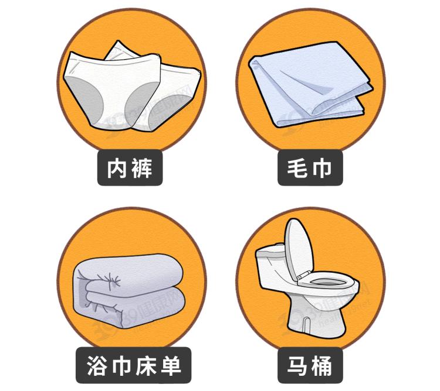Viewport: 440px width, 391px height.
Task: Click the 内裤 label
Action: coord(130,167)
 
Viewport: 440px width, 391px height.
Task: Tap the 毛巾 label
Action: coord(310,167)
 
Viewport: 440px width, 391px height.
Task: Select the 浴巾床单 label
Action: coord(133,365)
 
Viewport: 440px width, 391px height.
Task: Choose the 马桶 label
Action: coord(310,365)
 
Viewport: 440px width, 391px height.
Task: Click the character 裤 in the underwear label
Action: coord(143,168)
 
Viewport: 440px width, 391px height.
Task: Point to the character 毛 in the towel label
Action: coord(297,168)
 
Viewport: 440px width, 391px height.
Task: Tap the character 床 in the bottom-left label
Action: coord(145,366)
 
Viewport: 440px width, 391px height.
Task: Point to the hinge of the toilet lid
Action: coord(303,275)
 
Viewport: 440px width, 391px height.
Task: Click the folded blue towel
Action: coord(311,84)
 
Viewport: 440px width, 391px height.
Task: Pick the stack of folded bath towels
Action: coord(128,291)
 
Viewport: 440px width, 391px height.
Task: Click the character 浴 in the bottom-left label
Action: coord(97,366)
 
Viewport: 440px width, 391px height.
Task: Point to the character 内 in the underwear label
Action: coord(117,168)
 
